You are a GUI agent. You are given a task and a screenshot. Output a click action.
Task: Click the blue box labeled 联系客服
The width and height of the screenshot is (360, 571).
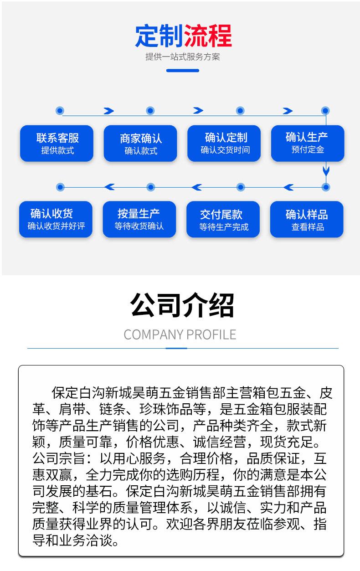click(x=57, y=143)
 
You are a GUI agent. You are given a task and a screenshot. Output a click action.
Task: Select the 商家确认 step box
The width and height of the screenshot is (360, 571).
click(x=140, y=143)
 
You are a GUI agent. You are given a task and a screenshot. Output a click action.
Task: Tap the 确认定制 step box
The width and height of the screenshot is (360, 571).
click(x=224, y=143)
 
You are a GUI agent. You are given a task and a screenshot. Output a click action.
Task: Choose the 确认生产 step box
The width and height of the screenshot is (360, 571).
click(x=308, y=143)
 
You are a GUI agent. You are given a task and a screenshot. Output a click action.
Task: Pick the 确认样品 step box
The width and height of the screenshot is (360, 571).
click(x=307, y=219)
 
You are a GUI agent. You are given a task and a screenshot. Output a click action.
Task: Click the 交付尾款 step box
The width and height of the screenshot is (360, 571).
click(x=223, y=219)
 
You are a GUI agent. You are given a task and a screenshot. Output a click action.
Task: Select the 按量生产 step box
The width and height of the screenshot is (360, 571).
click(x=139, y=219)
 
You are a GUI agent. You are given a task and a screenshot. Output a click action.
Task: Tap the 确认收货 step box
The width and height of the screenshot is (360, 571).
click(x=56, y=219)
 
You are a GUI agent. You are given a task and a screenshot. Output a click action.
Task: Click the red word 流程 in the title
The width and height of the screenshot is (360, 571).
click(x=207, y=36)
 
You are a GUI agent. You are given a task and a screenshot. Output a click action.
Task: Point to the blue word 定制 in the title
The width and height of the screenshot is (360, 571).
click(x=158, y=36)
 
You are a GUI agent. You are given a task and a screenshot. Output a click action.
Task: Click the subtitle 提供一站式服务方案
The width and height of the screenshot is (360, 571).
click(x=182, y=57)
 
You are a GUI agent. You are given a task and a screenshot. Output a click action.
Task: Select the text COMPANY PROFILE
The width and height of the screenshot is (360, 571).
click(x=180, y=334)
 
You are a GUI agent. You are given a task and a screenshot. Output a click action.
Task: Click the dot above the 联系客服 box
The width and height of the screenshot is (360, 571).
click(x=60, y=111)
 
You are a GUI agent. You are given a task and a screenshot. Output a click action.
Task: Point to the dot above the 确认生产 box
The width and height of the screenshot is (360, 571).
click(x=325, y=111)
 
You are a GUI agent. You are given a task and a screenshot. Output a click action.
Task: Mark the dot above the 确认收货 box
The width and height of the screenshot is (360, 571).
click(x=60, y=187)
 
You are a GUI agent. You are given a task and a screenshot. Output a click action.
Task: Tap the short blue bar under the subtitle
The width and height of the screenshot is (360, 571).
click(x=182, y=71)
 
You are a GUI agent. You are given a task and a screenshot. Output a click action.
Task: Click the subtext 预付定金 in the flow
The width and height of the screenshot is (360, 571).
click(x=308, y=149)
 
